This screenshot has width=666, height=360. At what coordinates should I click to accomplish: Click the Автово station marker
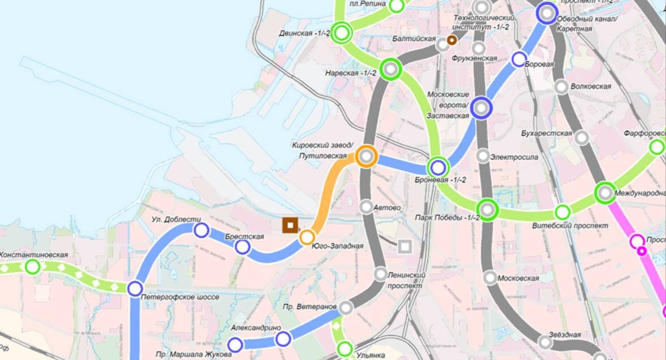pos(366,207)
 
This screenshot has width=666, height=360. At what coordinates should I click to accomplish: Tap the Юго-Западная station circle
pos(307,237)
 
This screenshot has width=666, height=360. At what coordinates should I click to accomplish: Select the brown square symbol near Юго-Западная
pos(290,225)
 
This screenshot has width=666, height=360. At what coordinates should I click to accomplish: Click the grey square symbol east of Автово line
pos(404,246)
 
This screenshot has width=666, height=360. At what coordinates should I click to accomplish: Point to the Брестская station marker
pos(243,247)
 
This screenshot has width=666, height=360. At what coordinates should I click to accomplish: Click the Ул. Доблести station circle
pos(201,230)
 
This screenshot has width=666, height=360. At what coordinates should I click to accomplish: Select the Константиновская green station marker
pos(33,266)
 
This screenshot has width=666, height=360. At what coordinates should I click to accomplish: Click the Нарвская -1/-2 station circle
pos(390,70)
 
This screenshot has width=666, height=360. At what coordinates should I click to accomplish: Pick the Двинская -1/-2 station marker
pos(342,33)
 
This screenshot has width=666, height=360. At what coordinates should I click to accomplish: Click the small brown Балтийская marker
pos(451,40)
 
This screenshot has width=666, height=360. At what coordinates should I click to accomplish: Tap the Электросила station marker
pos(482,155)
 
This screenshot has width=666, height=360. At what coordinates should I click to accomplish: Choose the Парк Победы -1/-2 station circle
pos(488,210)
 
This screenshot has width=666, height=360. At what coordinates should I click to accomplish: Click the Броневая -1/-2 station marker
pos(438,167)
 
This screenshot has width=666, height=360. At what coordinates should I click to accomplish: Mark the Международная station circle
pos(605,193)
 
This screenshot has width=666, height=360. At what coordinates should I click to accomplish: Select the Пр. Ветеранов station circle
pos(346,307)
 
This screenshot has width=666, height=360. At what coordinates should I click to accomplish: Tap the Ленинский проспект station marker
pos(381,275)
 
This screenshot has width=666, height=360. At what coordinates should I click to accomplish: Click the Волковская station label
pos(591,86)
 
